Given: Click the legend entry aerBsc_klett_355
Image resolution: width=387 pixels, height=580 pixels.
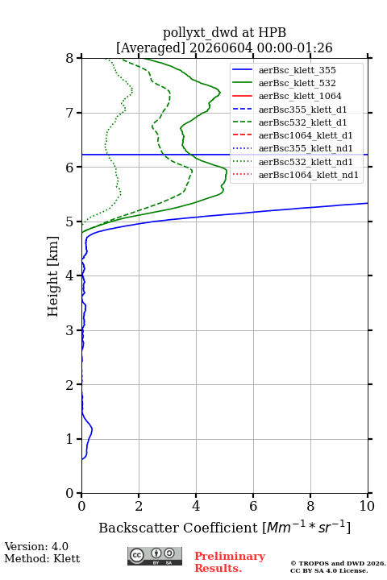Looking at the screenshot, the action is [x=297, y=70].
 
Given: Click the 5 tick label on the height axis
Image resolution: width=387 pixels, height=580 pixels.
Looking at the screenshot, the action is [x=69, y=222].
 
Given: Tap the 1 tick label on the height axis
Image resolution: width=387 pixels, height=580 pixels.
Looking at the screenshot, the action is [x=69, y=439].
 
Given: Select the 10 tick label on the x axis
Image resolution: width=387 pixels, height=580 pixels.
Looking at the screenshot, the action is [x=367, y=506].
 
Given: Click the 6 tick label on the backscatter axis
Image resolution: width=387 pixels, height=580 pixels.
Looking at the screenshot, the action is [x=253, y=506].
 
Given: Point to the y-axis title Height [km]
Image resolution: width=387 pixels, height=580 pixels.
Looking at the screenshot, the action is [x=53, y=276].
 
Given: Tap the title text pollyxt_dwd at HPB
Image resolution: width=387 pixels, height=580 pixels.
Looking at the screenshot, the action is [x=224, y=32].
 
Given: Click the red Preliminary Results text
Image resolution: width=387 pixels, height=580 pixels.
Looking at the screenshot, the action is [x=230, y=562].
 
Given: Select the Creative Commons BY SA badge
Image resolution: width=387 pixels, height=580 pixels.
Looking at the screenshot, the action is [x=155, y=557].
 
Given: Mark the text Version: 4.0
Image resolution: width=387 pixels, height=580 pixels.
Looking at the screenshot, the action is [x=36, y=546].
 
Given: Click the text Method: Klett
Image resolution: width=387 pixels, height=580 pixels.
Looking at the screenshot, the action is [x=42, y=558].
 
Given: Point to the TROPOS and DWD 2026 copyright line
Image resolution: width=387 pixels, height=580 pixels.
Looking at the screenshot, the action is [x=338, y=563].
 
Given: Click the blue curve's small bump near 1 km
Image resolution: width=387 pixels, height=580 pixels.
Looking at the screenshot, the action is [x=91, y=429].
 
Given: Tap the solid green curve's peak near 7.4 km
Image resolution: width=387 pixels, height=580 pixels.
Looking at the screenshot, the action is [x=220, y=92].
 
